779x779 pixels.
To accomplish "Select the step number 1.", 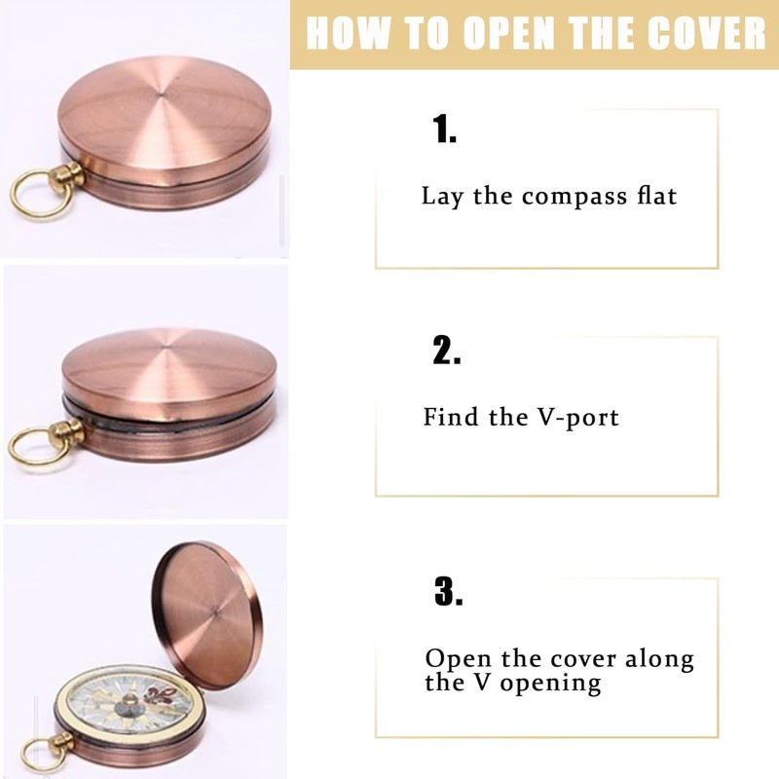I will point(445,130).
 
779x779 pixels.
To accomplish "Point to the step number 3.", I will point(448,591).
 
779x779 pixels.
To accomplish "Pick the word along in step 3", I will point(659,658).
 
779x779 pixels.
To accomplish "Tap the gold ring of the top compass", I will point(34,193).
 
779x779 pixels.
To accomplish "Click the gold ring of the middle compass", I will point(32,448).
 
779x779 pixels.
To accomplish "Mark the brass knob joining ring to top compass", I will point(69,179).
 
